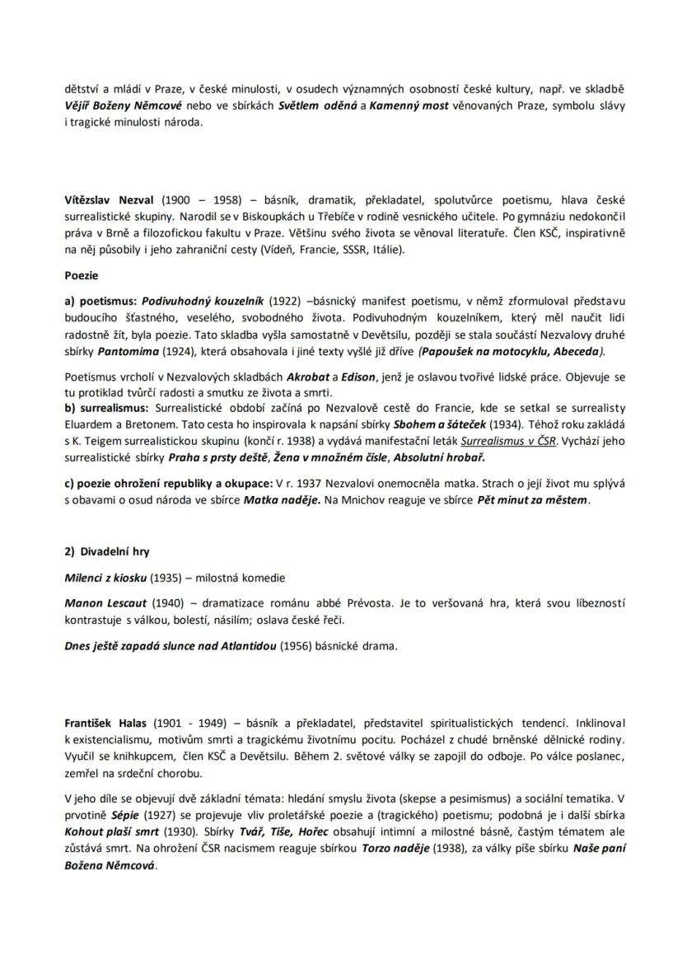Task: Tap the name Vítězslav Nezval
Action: point(109,199)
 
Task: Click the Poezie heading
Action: point(82,277)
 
